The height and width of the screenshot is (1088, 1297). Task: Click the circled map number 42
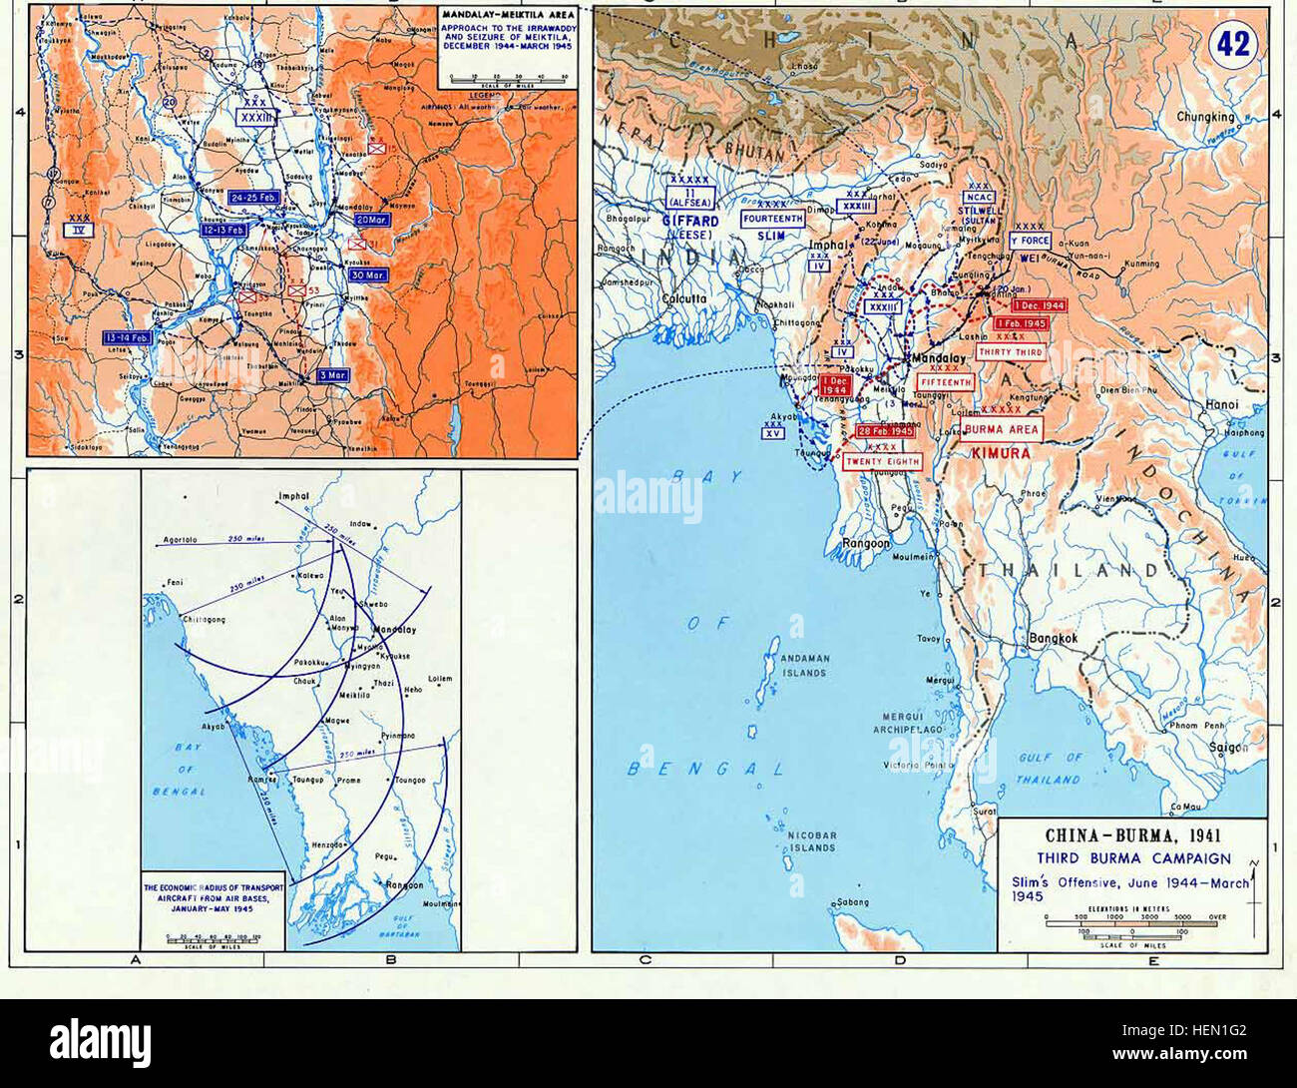(x=1234, y=46)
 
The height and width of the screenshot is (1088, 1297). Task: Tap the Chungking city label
(x=1205, y=117)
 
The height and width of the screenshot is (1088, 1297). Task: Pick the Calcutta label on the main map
(x=683, y=298)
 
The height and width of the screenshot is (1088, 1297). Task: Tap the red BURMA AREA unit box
(x=1002, y=430)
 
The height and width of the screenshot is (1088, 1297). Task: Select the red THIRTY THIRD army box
(x=1010, y=352)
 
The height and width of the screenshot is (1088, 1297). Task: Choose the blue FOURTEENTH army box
(x=774, y=218)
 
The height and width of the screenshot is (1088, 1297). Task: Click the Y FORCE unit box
(x=1029, y=241)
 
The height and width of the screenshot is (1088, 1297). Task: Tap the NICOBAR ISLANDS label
(x=813, y=840)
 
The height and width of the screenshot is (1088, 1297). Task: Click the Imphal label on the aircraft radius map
(x=294, y=496)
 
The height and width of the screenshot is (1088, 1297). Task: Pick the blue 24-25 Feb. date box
(x=254, y=198)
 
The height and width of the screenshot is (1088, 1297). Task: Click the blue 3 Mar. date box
(x=333, y=374)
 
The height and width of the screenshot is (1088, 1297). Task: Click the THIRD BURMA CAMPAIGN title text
(x=1133, y=858)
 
